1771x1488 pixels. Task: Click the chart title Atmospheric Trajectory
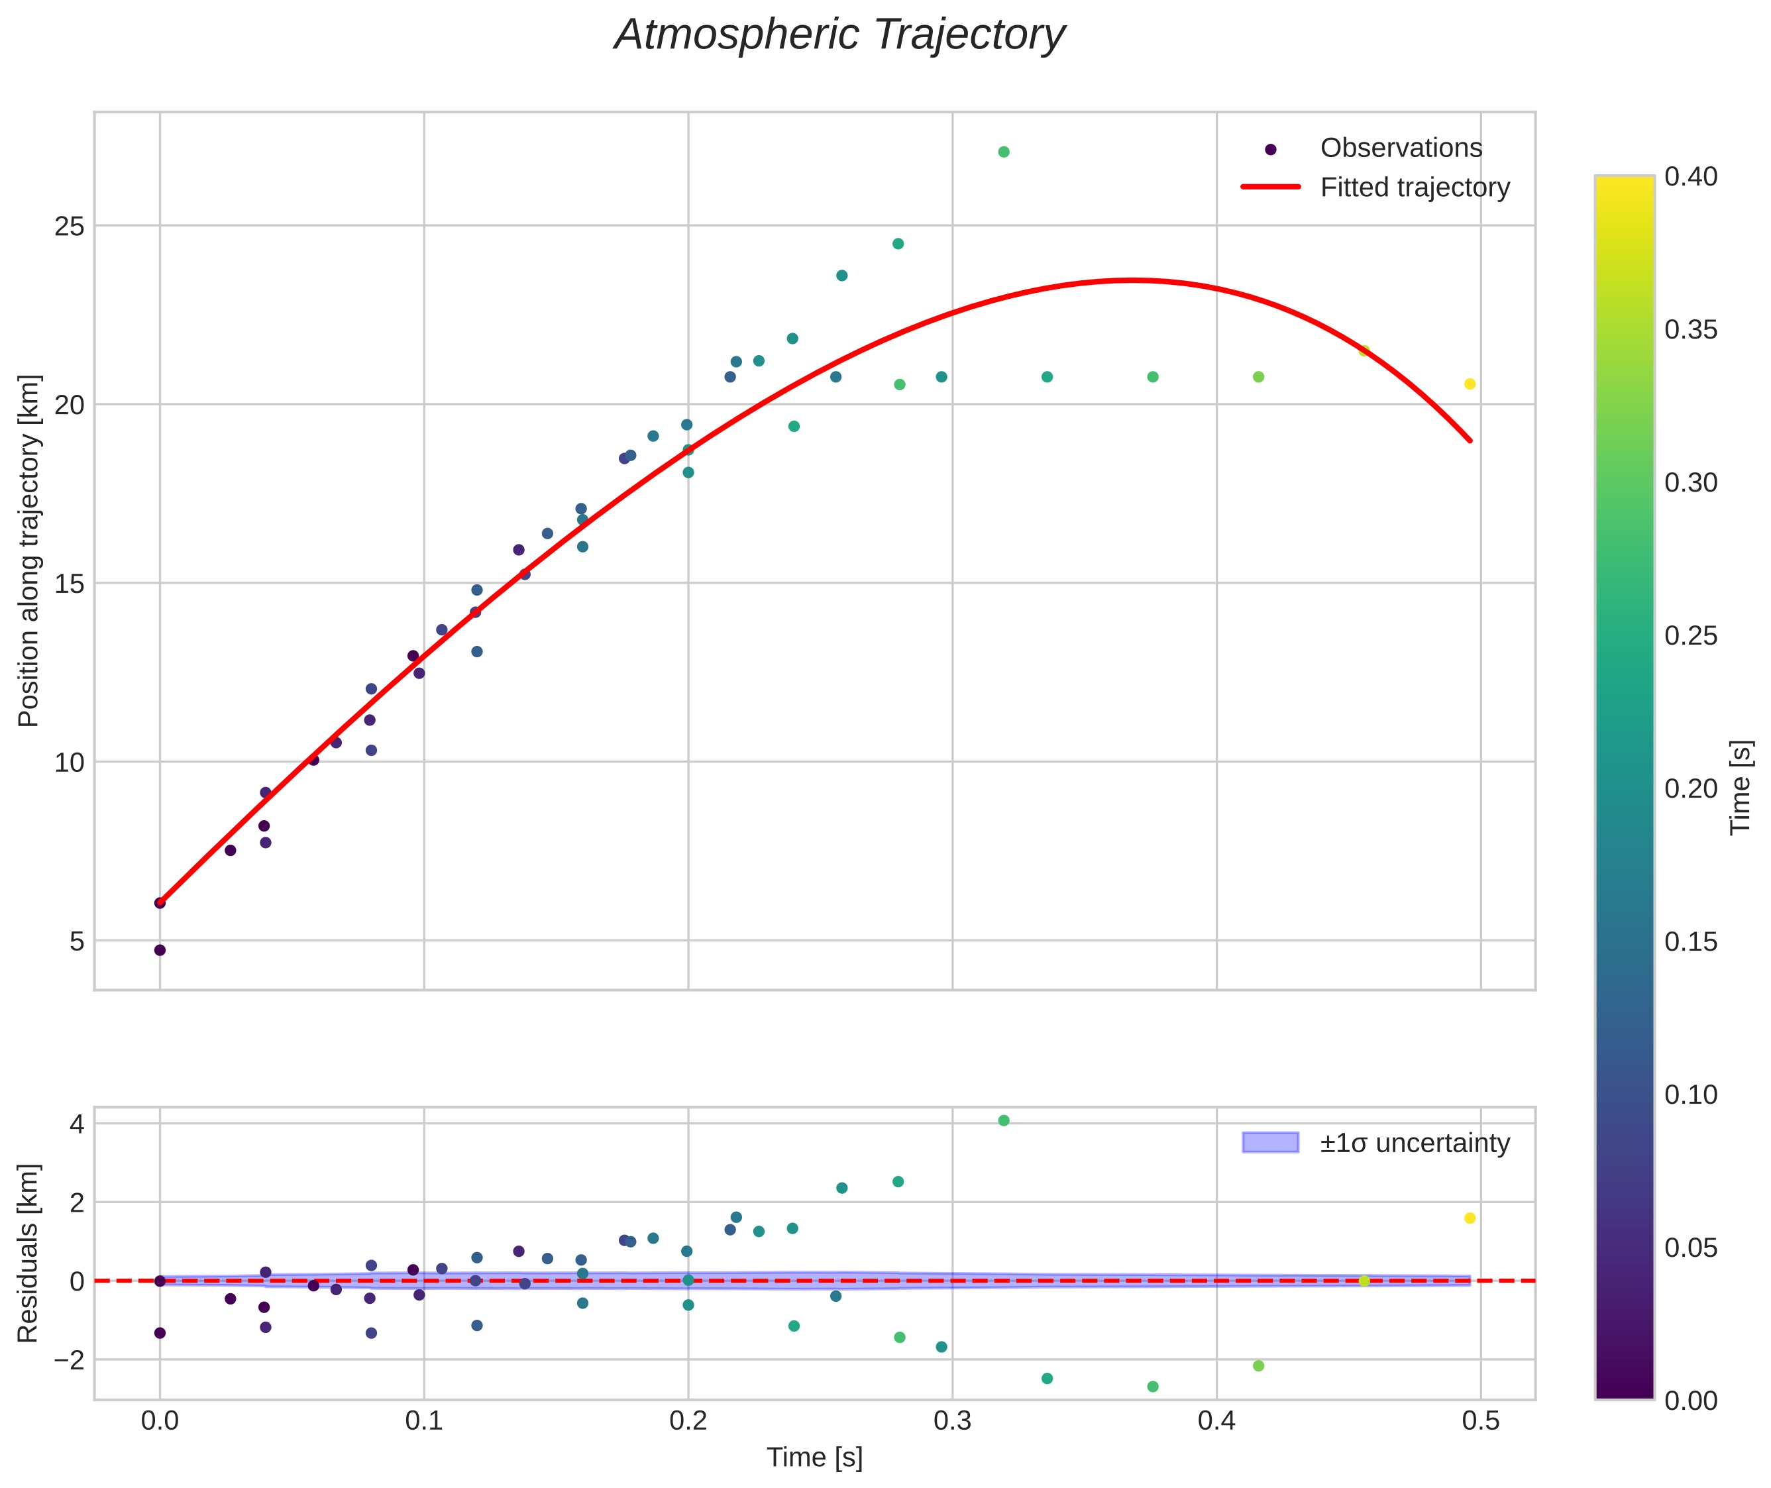click(x=839, y=35)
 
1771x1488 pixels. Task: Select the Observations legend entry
click(x=1400, y=148)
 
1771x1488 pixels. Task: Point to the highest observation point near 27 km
click(x=1003, y=152)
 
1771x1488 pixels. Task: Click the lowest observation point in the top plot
click(x=160, y=950)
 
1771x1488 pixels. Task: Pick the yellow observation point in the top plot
click(x=1469, y=384)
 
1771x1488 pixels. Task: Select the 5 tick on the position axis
click(x=77, y=941)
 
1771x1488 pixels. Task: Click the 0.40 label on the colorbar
click(x=1690, y=176)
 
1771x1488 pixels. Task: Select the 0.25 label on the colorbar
click(x=1690, y=636)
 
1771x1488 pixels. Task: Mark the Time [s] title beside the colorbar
click(x=1740, y=788)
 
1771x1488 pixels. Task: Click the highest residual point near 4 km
click(x=1003, y=1120)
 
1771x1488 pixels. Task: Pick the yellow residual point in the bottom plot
click(x=1469, y=1218)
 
